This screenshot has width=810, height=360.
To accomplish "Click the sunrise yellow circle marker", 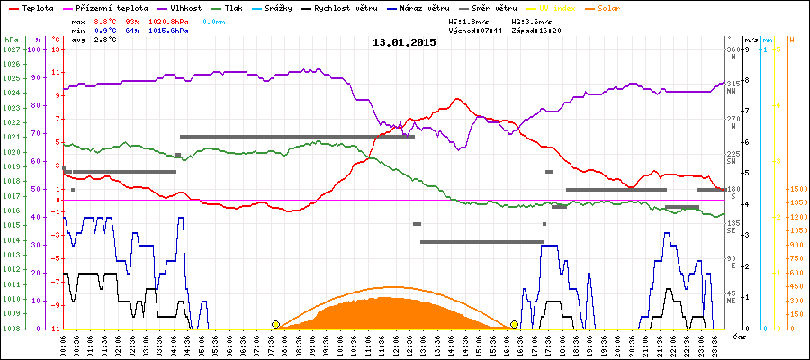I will (x=275, y=324).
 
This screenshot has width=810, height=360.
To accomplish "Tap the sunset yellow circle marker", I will (x=514, y=324).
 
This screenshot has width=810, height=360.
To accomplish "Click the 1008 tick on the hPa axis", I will (x=11, y=328).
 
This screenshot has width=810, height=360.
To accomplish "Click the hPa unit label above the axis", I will (x=11, y=40).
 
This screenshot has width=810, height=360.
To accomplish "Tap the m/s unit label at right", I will (x=750, y=40).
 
